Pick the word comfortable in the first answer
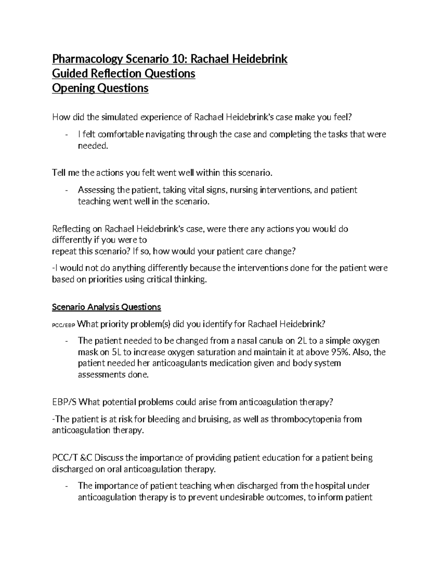click(x=121, y=134)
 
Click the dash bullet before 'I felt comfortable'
click(x=66, y=134)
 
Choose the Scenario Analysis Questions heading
click(x=106, y=307)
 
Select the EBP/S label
click(x=65, y=402)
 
